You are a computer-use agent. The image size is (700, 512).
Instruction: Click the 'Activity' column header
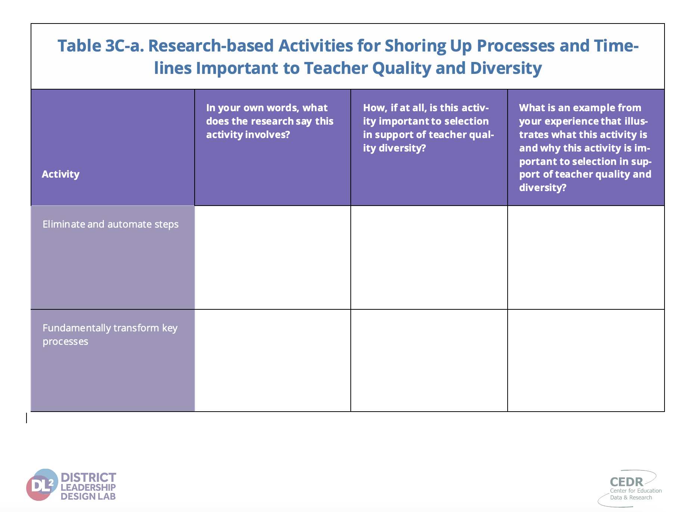coord(61,174)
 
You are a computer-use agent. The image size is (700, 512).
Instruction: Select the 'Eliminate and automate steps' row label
coord(111,224)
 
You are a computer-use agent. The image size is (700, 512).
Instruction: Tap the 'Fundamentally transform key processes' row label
coord(110,334)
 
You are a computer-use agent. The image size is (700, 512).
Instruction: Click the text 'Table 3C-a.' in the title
coord(100,46)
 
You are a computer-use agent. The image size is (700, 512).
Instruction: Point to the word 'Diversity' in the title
coord(506,68)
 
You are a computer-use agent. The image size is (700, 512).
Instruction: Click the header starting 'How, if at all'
coord(428,128)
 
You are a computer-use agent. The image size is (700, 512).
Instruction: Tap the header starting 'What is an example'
coord(585,147)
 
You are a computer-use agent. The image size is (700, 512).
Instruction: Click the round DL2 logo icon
coord(42,485)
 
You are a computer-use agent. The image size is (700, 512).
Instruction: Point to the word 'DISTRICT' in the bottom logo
coord(89,478)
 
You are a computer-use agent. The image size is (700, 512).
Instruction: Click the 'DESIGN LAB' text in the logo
coord(88,496)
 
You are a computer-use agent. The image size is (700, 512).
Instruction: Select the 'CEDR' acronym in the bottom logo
coord(626,482)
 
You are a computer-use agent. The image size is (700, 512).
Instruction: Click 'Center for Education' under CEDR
coord(636,491)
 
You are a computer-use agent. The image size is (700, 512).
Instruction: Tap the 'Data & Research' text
coord(631,497)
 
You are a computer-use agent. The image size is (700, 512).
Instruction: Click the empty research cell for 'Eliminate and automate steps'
coord(273,257)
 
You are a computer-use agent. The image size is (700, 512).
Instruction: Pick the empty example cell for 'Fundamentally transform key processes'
coord(586,360)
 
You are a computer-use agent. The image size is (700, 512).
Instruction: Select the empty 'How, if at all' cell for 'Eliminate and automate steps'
coord(429,257)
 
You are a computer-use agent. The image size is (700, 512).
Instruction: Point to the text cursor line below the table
coord(27,418)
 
